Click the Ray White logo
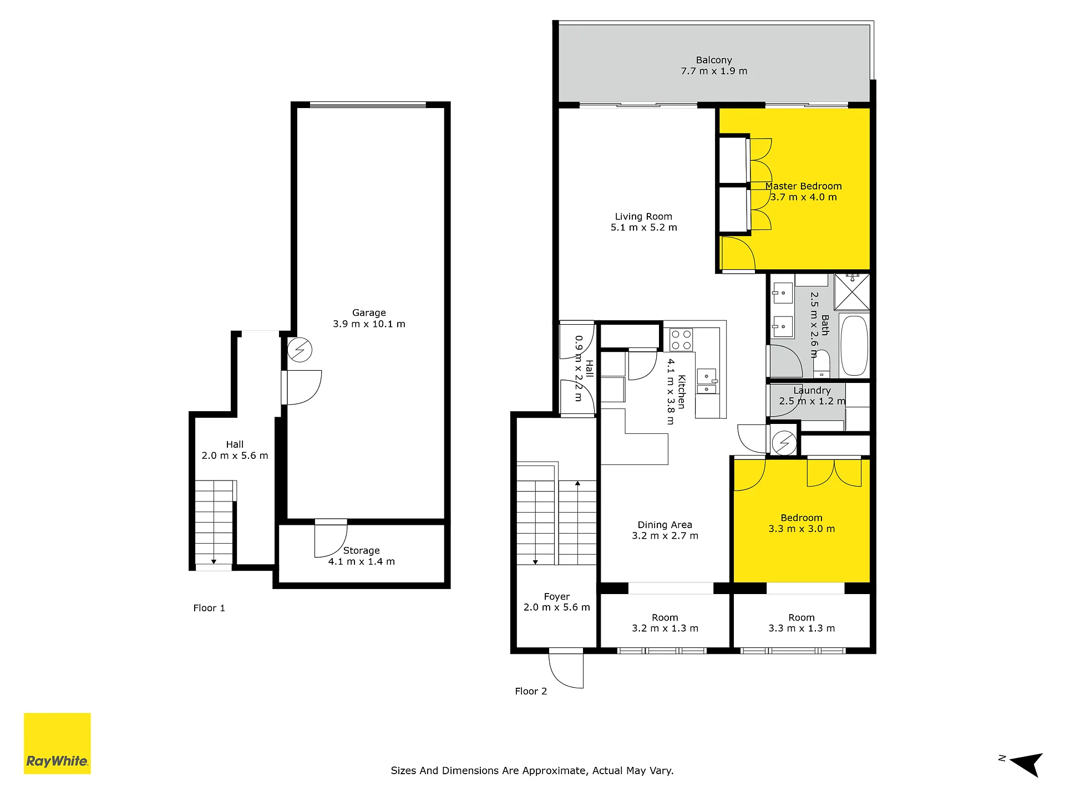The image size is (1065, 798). [57, 743]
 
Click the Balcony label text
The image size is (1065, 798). [714, 60]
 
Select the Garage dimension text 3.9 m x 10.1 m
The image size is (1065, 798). [369, 324]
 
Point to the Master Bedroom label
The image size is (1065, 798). [804, 186]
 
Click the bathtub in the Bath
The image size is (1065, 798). [854, 346]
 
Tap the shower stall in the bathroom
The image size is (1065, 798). [852, 291]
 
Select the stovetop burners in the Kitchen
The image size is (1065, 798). [681, 340]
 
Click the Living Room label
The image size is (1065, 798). [643, 217]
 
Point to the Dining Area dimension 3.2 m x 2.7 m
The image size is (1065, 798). [665, 536]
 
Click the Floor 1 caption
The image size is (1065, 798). [209, 608]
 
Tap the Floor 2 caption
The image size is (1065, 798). [531, 691]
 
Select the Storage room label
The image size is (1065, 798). [362, 550]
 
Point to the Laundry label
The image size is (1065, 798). [812, 391]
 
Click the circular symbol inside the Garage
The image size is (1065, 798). [300, 350]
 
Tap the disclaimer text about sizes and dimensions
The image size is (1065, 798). [532, 771]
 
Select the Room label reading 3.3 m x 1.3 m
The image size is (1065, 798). [802, 623]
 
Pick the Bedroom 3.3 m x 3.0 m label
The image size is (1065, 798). [802, 523]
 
